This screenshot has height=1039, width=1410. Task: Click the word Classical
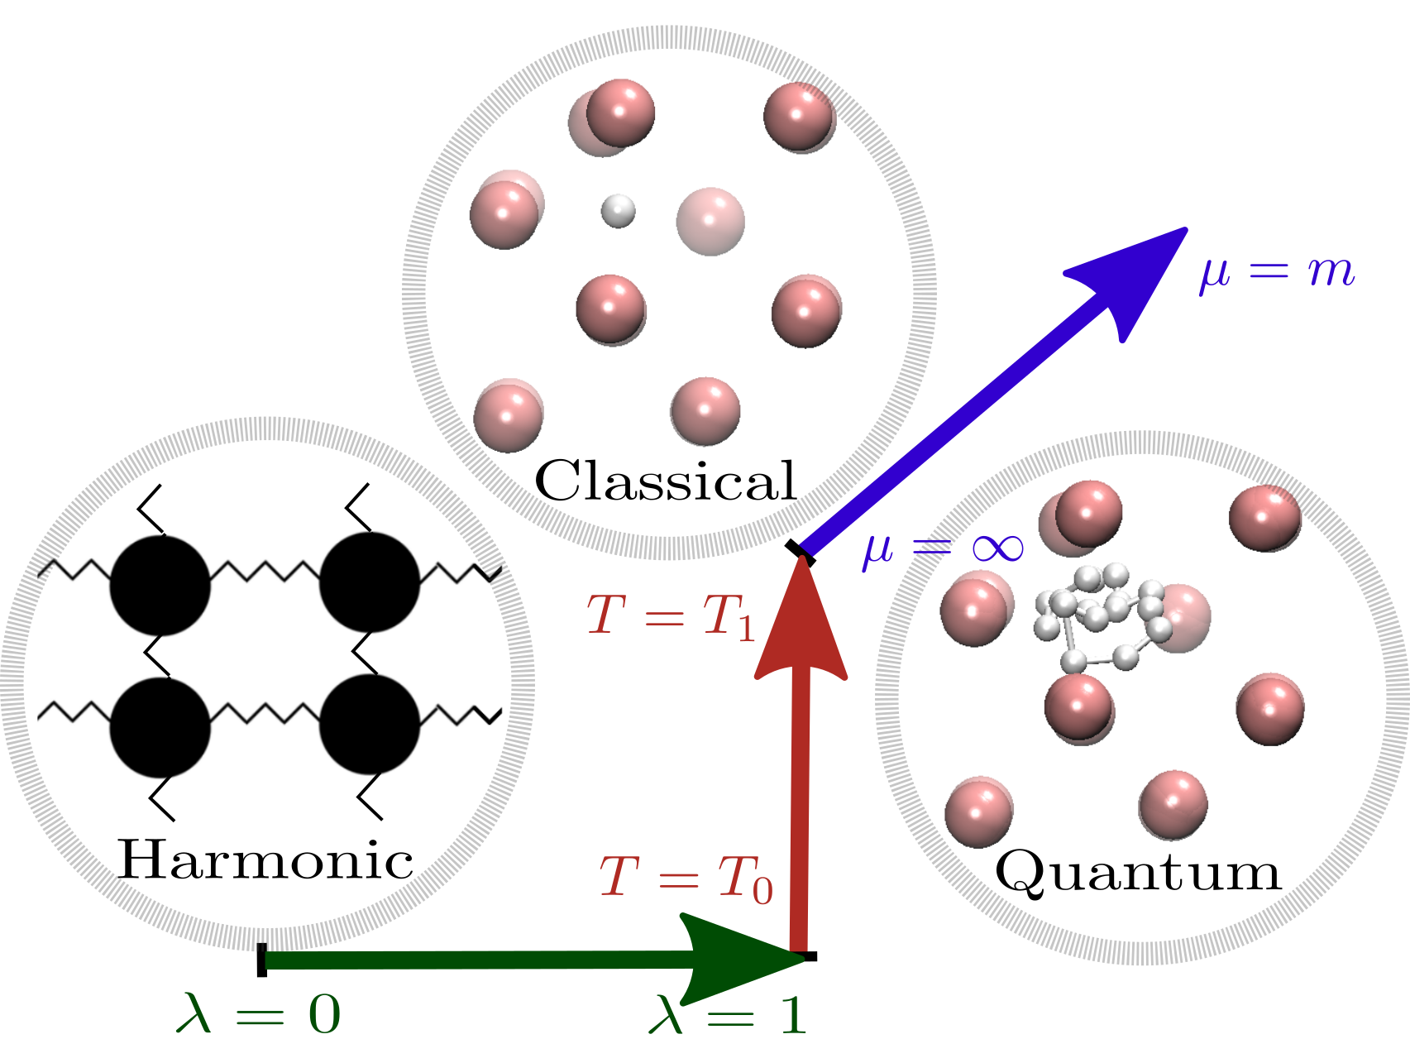[666, 481]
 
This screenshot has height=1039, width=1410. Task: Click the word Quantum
[1138, 874]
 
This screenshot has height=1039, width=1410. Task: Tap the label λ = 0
[258, 1013]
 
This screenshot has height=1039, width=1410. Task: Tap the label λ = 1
[728, 1014]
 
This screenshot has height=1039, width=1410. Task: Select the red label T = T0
[686, 879]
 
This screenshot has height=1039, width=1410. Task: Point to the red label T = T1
[672, 617]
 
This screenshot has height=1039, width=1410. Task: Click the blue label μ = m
[1278, 271]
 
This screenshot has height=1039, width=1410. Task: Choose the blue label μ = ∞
[943, 548]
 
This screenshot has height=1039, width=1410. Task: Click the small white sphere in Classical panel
[618, 211]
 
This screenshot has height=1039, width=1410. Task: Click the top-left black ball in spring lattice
[160, 585]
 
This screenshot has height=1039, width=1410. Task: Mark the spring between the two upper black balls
[265, 571]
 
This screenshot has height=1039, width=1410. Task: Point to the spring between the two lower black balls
[265, 713]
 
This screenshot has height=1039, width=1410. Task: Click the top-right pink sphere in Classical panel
[799, 116]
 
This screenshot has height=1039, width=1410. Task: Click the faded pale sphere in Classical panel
[710, 221]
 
